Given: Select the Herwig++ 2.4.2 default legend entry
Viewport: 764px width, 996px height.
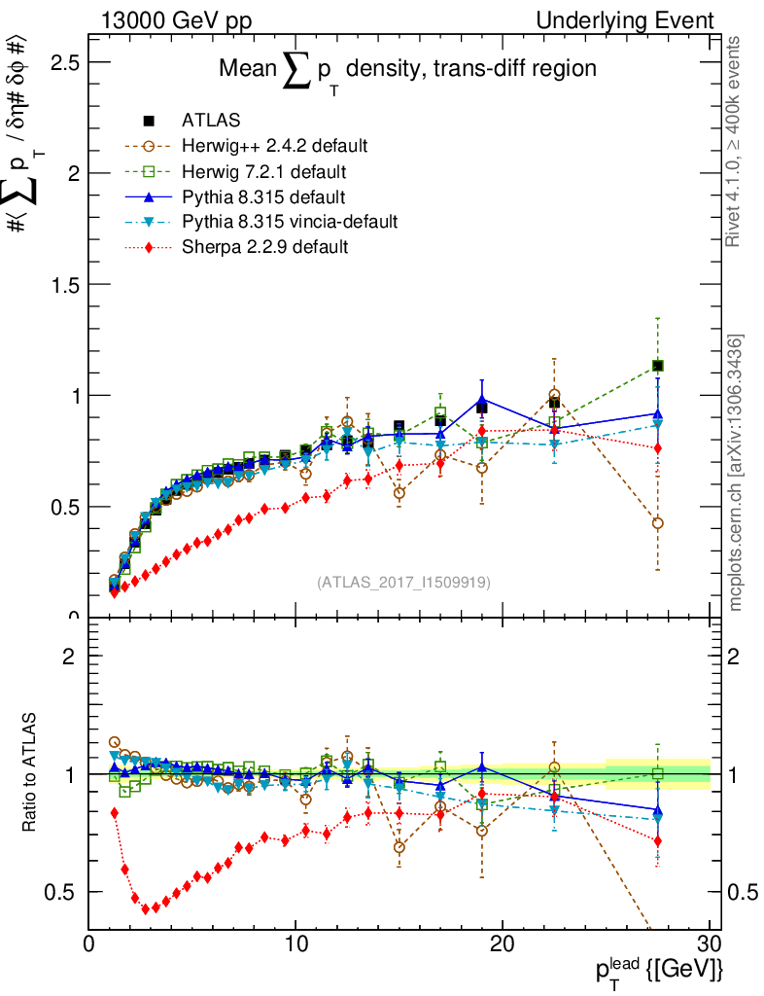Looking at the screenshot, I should pyautogui.click(x=274, y=147).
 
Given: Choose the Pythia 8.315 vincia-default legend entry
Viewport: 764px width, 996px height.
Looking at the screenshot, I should pyautogui.click(x=290, y=223).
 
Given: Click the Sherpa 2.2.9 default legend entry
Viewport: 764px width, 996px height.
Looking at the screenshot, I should pyautogui.click(x=264, y=248).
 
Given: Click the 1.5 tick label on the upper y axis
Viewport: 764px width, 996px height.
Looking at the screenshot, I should pyautogui.click(x=63, y=284).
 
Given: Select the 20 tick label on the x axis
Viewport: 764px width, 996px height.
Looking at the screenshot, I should pyautogui.click(x=503, y=944).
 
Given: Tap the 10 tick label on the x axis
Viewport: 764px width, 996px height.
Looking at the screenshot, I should pyautogui.click(x=295, y=944).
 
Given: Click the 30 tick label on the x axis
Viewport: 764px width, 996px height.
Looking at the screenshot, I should pyautogui.click(x=710, y=944).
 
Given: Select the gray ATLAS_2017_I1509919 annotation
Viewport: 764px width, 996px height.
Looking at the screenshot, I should pyautogui.click(x=403, y=582).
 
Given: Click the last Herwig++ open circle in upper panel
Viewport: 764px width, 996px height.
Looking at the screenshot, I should pyautogui.click(x=658, y=523).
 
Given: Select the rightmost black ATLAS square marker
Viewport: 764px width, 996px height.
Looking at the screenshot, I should pyautogui.click(x=658, y=366).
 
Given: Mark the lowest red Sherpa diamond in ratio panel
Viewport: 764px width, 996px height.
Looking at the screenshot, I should pyautogui.click(x=146, y=909).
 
